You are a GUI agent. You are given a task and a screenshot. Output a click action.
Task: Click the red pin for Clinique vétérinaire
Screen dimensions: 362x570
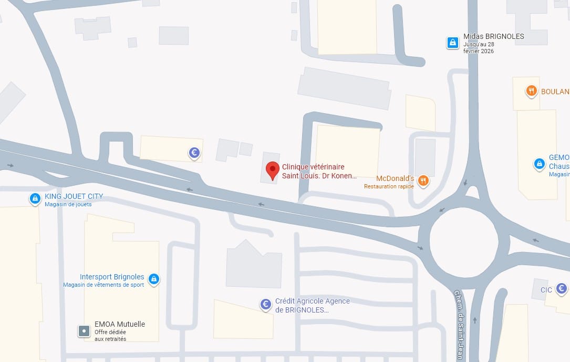point(272,170)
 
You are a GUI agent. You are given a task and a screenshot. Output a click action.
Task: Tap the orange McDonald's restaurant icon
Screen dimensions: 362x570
point(423,181)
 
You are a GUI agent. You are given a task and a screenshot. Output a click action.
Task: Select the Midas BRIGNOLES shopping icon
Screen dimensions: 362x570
point(452,42)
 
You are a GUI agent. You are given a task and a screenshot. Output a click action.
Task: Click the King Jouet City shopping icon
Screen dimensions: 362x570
point(35,198)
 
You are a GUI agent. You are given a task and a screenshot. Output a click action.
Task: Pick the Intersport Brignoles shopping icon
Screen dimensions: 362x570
point(154,278)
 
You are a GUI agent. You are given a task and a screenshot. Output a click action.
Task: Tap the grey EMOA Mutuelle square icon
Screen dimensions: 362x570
point(84,331)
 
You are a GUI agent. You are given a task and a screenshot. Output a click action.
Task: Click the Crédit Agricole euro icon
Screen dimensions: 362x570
point(266,304)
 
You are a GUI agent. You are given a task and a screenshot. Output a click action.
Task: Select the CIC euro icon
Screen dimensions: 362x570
point(562,288)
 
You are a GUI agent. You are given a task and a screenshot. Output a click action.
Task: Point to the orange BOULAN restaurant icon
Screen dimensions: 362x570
point(532,91)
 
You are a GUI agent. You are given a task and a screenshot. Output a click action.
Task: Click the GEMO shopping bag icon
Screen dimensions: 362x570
point(539,164)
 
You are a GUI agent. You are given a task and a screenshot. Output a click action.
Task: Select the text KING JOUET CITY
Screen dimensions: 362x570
point(74,196)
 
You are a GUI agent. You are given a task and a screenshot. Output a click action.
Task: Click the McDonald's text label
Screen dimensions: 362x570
point(395,179)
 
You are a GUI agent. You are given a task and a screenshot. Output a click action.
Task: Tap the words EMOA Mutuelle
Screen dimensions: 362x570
point(120,324)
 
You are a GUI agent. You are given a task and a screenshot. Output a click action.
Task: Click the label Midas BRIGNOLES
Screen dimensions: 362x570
point(494,37)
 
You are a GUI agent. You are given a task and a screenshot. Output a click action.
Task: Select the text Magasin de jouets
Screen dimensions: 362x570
point(68,204)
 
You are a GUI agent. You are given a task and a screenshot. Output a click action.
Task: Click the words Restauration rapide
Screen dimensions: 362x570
point(389,186)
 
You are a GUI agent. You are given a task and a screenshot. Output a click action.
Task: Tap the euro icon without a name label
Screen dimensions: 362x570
point(194,153)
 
